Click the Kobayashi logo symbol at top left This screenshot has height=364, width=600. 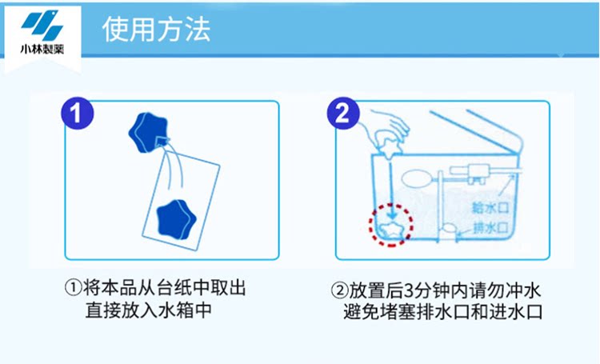[40, 26]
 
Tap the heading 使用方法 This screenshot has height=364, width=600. [157, 31]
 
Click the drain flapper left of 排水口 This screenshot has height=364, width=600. [449, 229]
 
